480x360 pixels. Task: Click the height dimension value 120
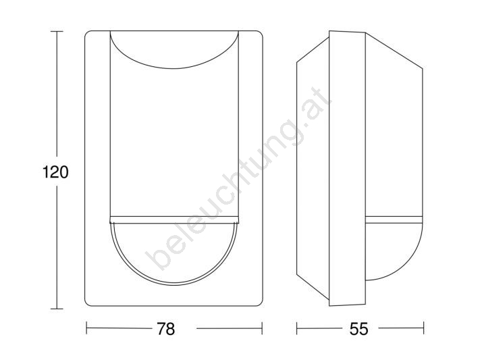pos(55,172)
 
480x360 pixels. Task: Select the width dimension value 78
pos(165,328)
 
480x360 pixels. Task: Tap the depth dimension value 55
pos(359,328)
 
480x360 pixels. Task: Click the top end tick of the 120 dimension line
pos(57,31)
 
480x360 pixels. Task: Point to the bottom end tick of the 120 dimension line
pos(57,309)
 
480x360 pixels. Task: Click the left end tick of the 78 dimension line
pos(86,328)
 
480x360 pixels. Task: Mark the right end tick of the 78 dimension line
pos(262,328)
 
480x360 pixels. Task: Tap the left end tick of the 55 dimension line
pos(297,328)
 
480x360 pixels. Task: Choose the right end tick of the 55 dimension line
pos(423,328)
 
